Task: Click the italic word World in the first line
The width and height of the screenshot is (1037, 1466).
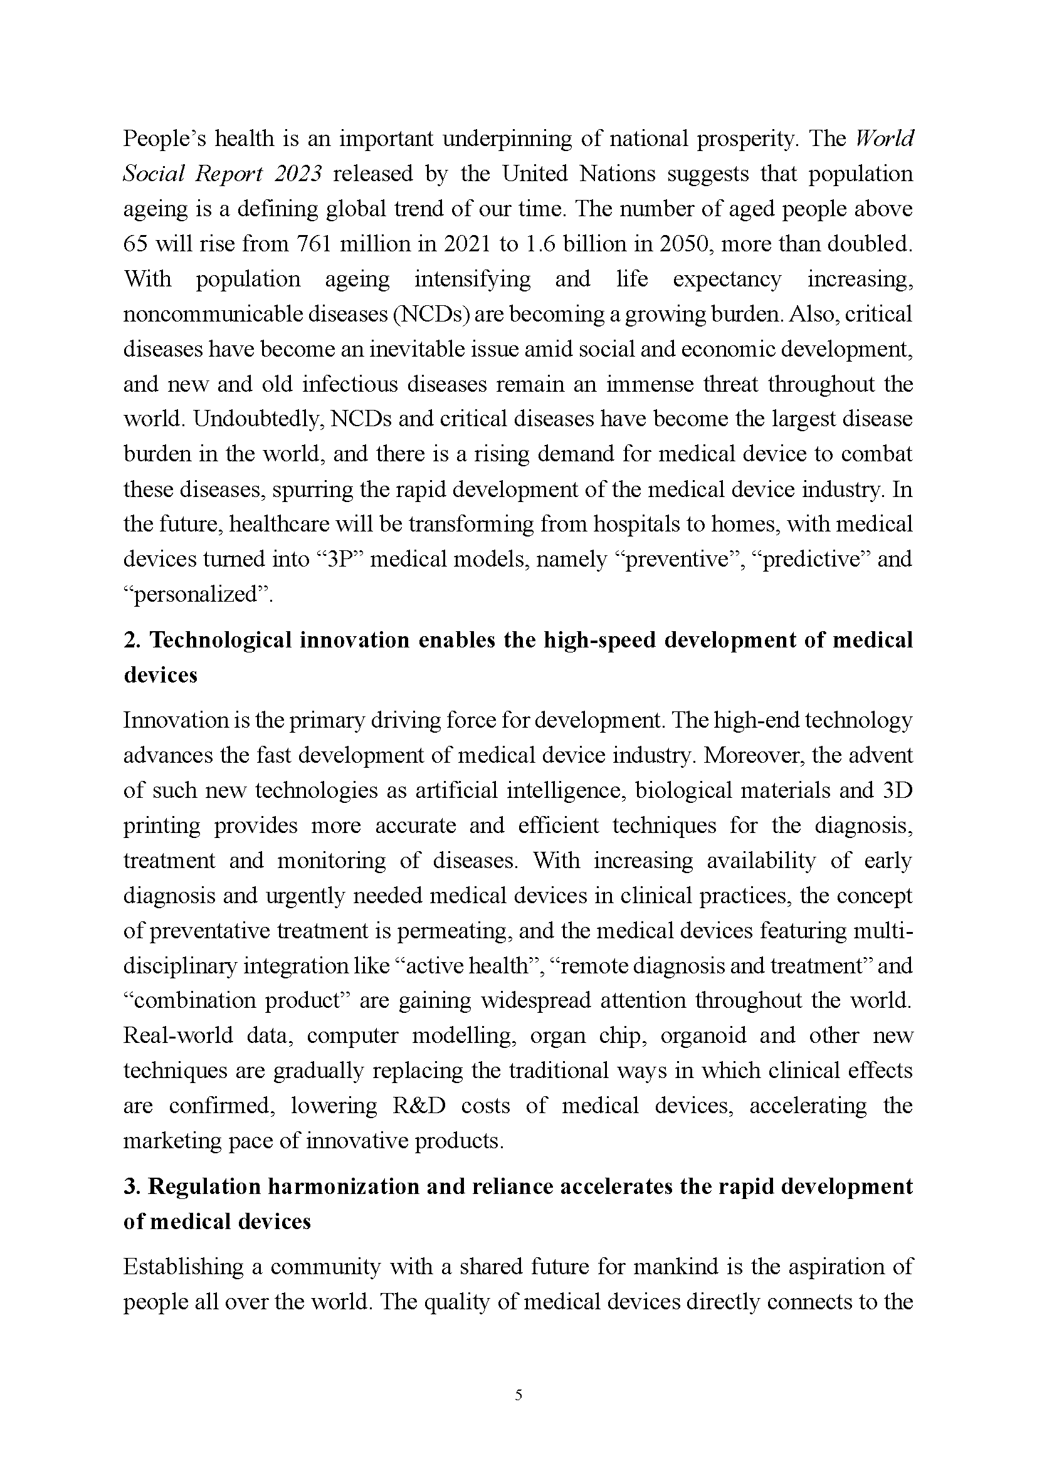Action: (x=884, y=139)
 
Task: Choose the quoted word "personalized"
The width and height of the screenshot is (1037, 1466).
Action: (x=197, y=594)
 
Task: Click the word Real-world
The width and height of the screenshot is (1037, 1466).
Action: (x=178, y=1035)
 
